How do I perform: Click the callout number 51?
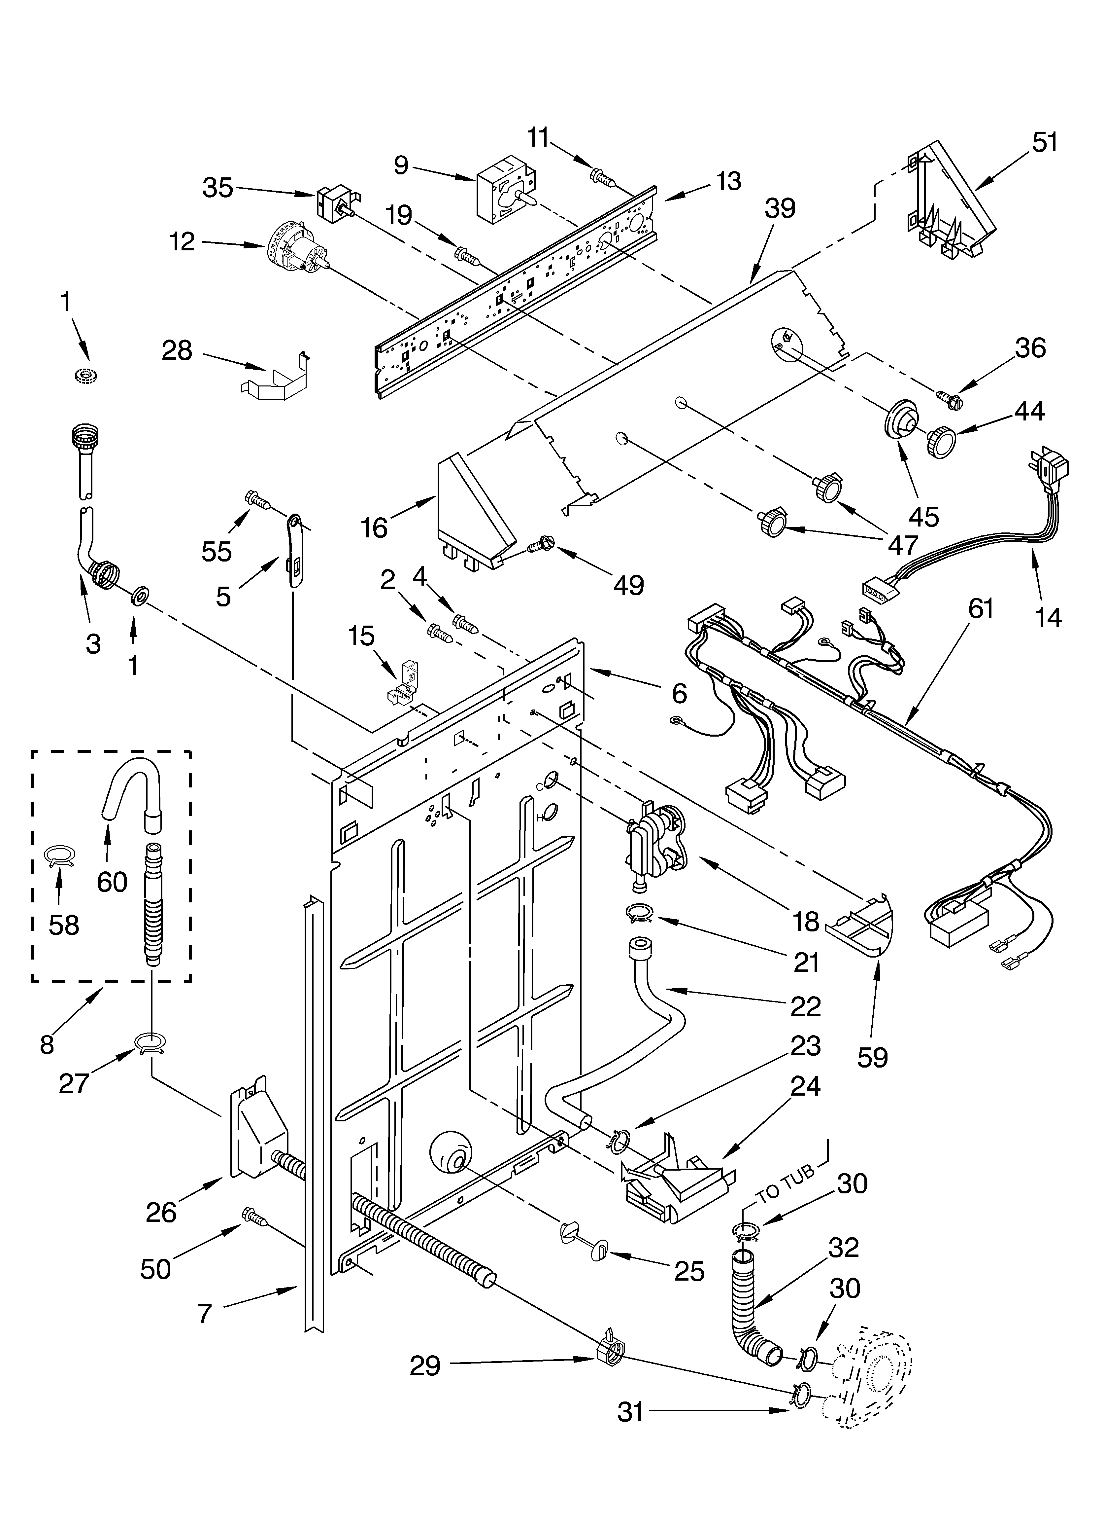[1045, 143]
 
